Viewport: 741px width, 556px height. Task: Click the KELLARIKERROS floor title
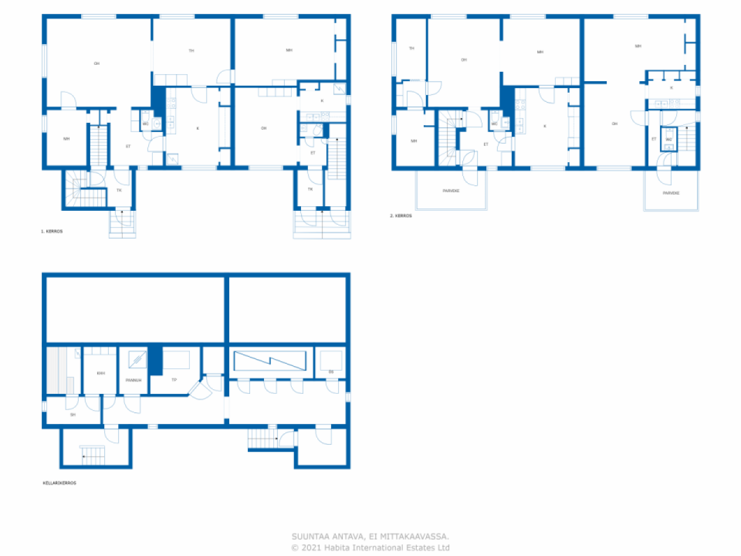[x=60, y=482]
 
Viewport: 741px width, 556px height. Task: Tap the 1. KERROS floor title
[x=52, y=231]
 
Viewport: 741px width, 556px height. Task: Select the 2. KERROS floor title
[x=401, y=215]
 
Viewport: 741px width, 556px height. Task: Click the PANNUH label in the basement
[x=133, y=381]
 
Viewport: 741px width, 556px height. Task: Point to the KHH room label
[x=101, y=373]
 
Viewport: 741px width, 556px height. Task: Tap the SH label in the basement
[x=72, y=415]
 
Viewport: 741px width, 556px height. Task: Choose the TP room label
[x=174, y=380]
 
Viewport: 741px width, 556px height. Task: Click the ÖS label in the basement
[x=331, y=372]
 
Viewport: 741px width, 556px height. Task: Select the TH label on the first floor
[x=191, y=51]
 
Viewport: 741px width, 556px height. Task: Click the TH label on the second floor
[x=412, y=48]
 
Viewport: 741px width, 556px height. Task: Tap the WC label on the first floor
[x=145, y=123]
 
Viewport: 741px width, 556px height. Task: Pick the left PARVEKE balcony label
[x=451, y=191]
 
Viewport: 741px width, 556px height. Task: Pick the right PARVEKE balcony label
[x=671, y=193]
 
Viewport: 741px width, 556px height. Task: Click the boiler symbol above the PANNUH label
[x=137, y=360]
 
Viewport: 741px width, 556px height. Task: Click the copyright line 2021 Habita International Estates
[x=370, y=547]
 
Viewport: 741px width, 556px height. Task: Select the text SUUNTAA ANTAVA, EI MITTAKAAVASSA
[x=370, y=537]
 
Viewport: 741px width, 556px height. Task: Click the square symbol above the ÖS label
[x=331, y=360]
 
